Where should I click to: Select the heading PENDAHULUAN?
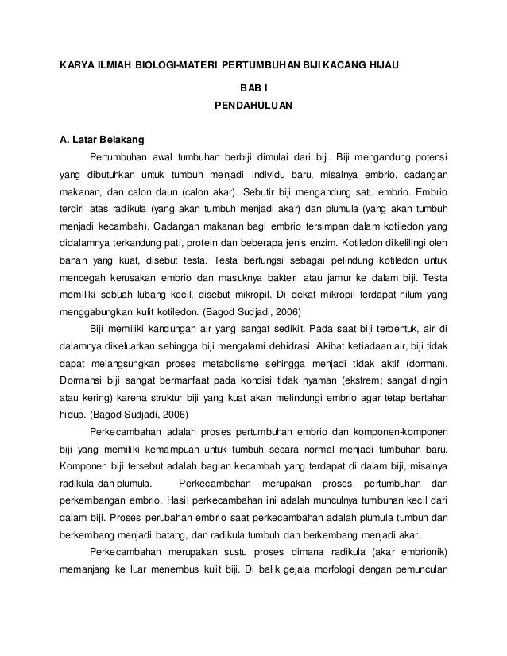[x=253, y=104]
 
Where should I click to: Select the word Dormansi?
[x=82, y=380]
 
